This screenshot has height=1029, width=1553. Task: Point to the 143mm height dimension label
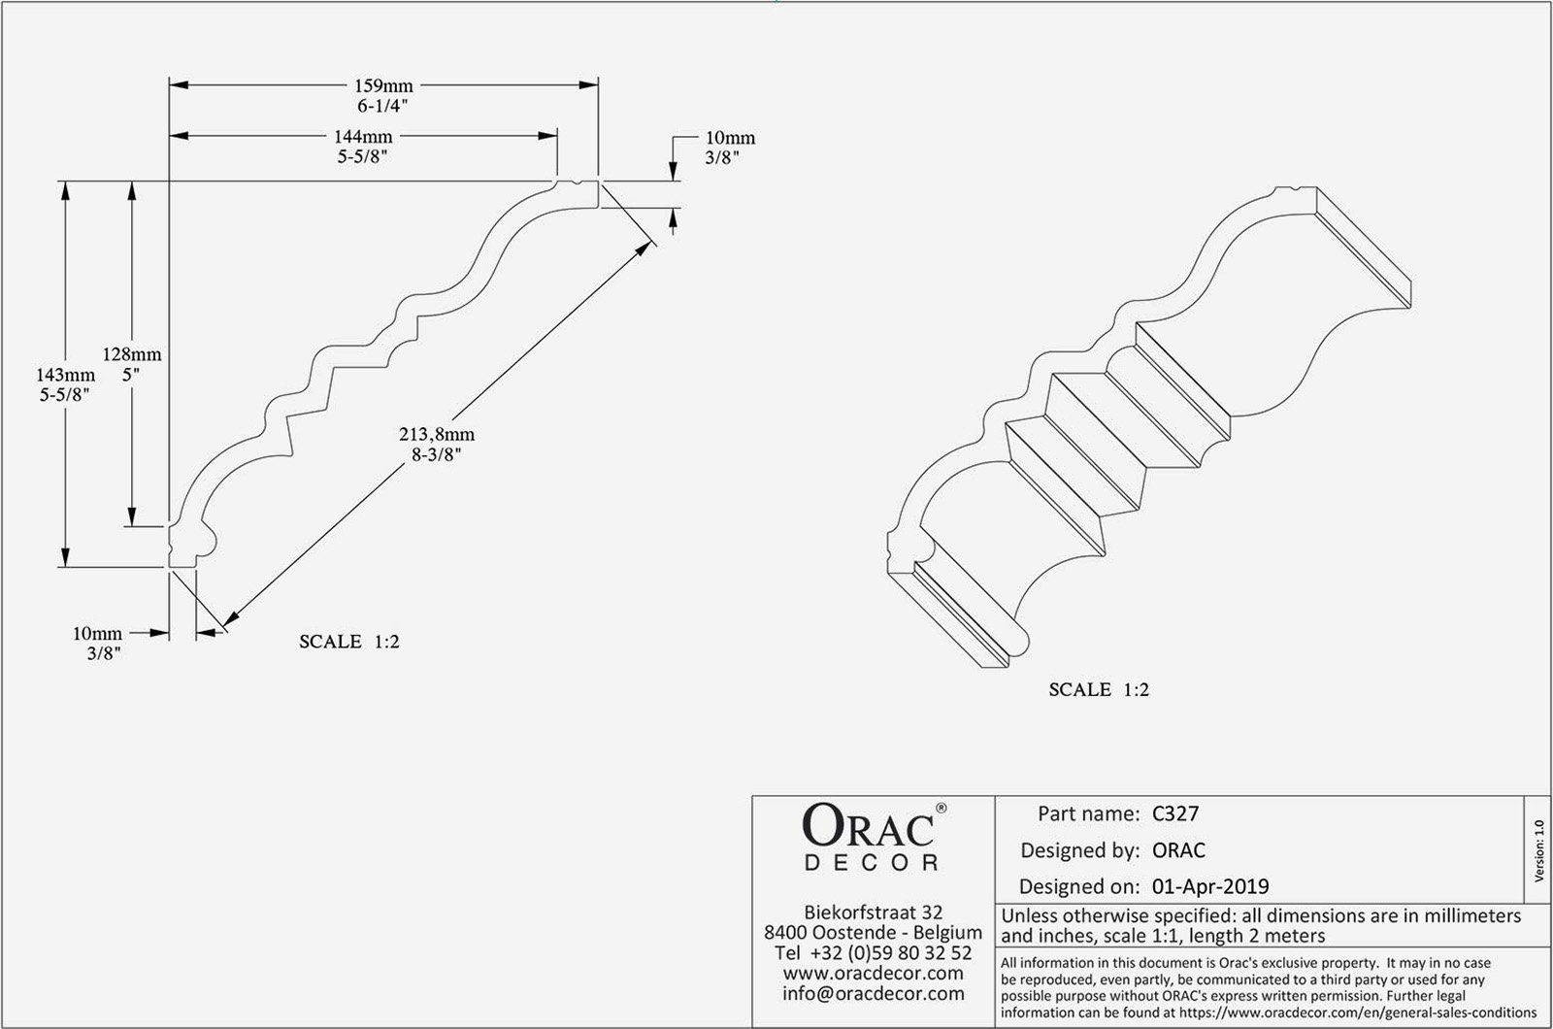pyautogui.click(x=65, y=375)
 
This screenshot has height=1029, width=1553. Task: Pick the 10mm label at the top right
pyautogui.click(x=730, y=138)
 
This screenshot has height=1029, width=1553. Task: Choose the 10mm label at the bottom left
pyautogui.click(x=97, y=633)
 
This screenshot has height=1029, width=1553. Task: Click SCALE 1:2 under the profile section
pyautogui.click(x=348, y=642)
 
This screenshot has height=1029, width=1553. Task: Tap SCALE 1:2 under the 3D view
pyautogui.click(x=1099, y=690)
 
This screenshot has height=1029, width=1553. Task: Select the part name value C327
pyautogui.click(x=1174, y=813)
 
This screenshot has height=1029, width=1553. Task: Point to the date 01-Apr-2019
pyautogui.click(x=1209, y=885)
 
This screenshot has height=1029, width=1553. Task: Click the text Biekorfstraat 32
pyautogui.click(x=873, y=913)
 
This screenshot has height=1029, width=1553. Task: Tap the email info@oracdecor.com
pyautogui.click(x=873, y=993)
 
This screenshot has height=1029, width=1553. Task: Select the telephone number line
pyautogui.click(x=873, y=953)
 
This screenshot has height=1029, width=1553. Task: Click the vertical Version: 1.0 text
pyautogui.click(x=1538, y=851)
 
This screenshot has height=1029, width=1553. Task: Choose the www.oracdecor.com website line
pyautogui.click(x=873, y=973)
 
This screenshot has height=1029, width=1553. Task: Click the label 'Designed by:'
pyautogui.click(x=1079, y=850)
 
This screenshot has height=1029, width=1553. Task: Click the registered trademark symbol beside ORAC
pyautogui.click(x=941, y=808)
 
